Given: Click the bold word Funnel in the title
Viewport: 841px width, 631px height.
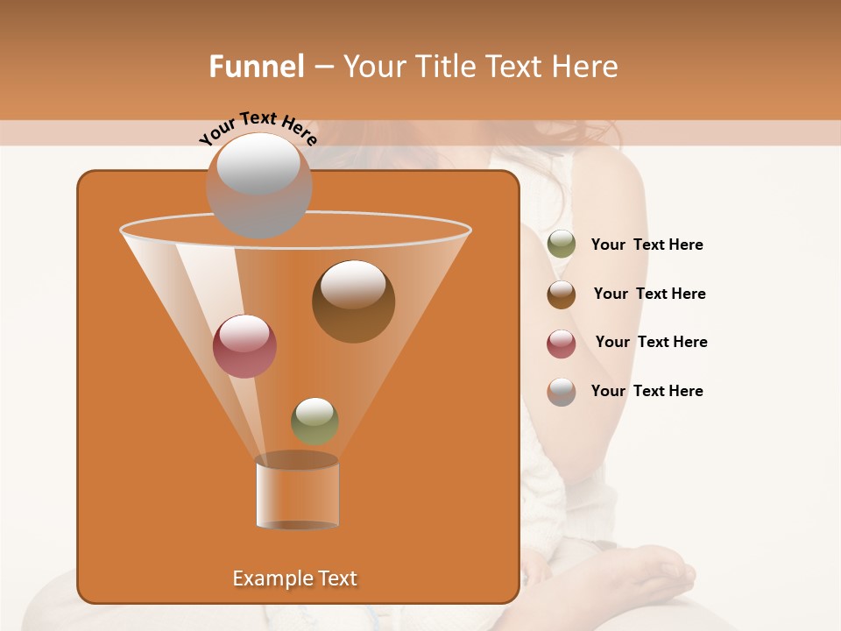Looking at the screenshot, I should click(x=257, y=67).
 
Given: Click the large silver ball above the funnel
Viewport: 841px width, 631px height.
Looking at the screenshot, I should click(x=258, y=185).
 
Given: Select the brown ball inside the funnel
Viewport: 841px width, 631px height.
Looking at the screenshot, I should click(x=353, y=301).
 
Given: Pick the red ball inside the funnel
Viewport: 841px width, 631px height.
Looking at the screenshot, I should click(x=244, y=346).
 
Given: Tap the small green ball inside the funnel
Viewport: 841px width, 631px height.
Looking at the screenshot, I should click(x=314, y=421).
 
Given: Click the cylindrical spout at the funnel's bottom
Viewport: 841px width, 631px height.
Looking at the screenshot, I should click(x=297, y=495).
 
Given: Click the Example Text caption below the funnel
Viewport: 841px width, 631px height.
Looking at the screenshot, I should click(x=294, y=578).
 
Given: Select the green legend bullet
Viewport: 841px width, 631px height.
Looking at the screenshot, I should click(x=562, y=245).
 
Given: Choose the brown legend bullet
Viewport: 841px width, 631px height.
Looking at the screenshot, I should click(x=562, y=294).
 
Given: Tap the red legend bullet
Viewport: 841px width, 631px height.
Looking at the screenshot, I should click(x=562, y=344).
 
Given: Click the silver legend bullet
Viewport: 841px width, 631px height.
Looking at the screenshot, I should click(x=562, y=392).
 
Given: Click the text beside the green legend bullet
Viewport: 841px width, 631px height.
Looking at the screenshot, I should click(x=647, y=245).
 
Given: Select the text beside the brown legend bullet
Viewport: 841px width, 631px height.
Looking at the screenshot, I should click(x=649, y=294).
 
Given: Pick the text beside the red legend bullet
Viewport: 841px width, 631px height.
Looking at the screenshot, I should click(x=651, y=342).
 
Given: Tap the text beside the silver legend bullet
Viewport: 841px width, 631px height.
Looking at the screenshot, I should click(x=647, y=391).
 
